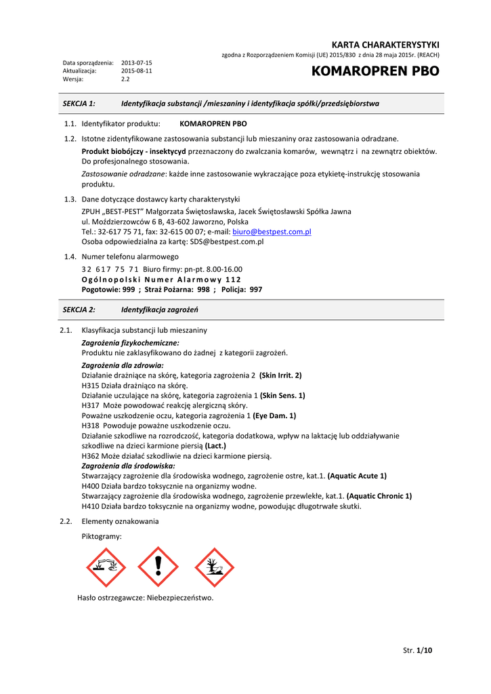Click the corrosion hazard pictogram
coord(106,567)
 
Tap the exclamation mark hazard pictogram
coord(158,567)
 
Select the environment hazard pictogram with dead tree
coord(214,567)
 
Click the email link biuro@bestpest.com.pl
coord(272,232)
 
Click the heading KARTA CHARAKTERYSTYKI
coord(385,44)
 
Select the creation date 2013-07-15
coord(137,62)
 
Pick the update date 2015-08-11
coord(137,70)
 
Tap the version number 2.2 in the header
coord(125,79)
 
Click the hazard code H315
coord(91,385)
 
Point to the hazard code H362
coord(91,456)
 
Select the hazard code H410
coord(91,506)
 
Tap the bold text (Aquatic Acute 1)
coord(357,476)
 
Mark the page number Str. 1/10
coord(417,651)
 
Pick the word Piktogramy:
coord(102,536)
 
